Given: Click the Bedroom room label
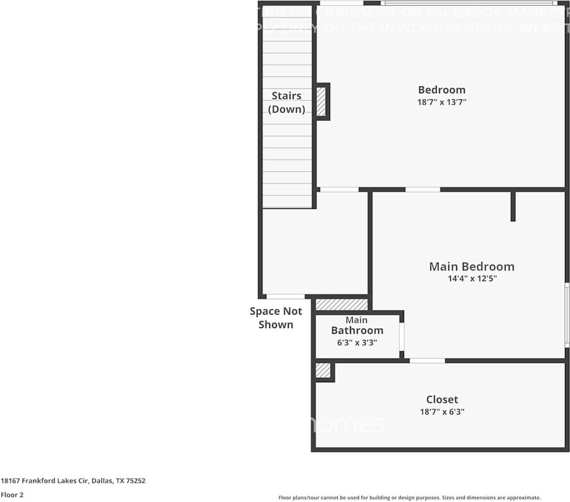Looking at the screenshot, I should (x=441, y=90).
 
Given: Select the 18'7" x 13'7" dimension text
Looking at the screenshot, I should (x=441, y=102).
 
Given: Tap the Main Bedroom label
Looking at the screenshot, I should (x=471, y=267).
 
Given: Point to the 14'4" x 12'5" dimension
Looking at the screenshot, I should (x=471, y=278).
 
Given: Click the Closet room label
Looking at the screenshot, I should (x=442, y=400).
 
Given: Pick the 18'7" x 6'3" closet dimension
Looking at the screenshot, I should (x=442, y=412).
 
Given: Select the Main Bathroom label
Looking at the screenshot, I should (x=357, y=326).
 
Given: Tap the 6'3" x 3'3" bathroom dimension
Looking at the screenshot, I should (x=357, y=342).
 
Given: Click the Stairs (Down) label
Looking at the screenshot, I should (x=287, y=102).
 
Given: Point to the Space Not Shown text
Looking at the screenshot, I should (x=276, y=318).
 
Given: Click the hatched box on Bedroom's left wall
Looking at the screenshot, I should (x=321, y=102).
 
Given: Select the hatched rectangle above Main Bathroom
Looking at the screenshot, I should (x=341, y=304).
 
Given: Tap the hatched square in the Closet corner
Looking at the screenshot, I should (x=323, y=370).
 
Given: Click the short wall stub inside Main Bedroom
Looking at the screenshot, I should (x=512, y=206).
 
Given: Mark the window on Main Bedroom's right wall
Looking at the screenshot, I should (x=567, y=315).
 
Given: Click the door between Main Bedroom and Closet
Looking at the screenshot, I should (x=427, y=360).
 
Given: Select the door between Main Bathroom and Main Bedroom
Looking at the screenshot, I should (x=402, y=337).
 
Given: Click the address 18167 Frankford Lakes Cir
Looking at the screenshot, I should (x=73, y=481).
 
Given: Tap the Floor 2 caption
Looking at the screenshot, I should (x=12, y=495).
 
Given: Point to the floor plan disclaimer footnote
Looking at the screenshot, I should (x=409, y=497).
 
